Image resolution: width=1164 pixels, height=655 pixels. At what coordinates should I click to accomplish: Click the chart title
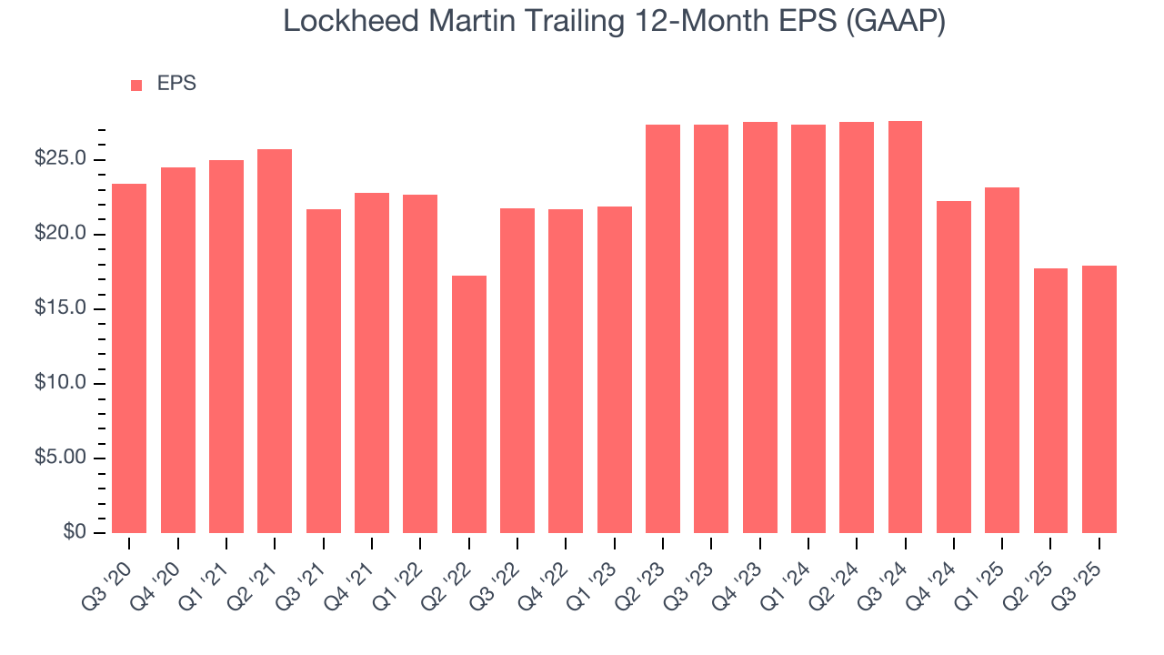point(615,21)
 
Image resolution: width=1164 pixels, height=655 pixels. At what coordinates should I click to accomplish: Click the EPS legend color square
point(136,85)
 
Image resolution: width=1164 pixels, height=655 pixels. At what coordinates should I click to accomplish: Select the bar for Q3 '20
point(129,358)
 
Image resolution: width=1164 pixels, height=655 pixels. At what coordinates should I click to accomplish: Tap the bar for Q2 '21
point(275,341)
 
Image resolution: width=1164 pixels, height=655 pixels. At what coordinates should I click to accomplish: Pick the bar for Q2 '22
point(468,404)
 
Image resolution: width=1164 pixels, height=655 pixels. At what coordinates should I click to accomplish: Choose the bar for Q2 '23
point(663,328)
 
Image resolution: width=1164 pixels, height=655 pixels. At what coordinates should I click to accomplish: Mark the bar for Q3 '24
point(905,327)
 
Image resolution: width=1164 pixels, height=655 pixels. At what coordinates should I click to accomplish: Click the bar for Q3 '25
point(1099,399)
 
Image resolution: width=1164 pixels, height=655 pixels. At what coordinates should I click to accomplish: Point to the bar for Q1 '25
point(1002,360)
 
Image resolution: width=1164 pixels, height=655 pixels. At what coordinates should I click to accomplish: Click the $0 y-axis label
point(74,533)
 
